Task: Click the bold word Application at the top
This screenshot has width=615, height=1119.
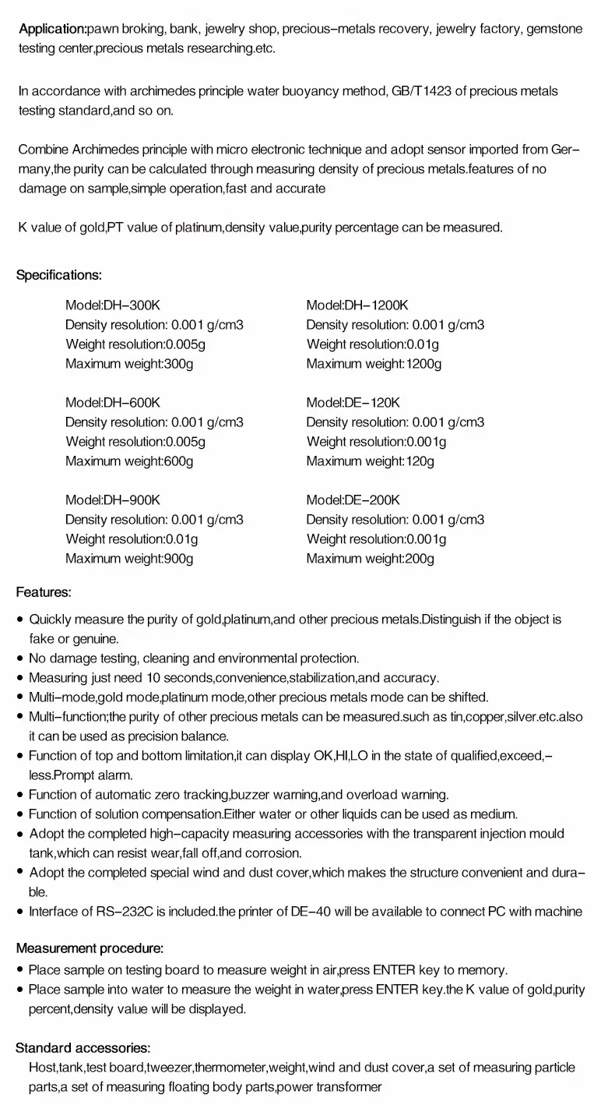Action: click(x=51, y=30)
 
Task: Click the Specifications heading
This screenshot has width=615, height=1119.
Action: click(x=59, y=275)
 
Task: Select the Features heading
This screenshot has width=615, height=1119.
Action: click(x=44, y=592)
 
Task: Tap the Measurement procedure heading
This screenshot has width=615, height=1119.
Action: click(x=90, y=948)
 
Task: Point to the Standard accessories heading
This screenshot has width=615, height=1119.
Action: click(x=83, y=1047)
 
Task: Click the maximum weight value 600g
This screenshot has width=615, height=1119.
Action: click(x=178, y=461)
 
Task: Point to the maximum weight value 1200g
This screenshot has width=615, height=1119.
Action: click(x=423, y=363)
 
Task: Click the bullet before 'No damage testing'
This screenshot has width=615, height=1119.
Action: click(x=20, y=659)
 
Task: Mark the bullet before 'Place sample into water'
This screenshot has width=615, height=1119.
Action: click(x=20, y=990)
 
